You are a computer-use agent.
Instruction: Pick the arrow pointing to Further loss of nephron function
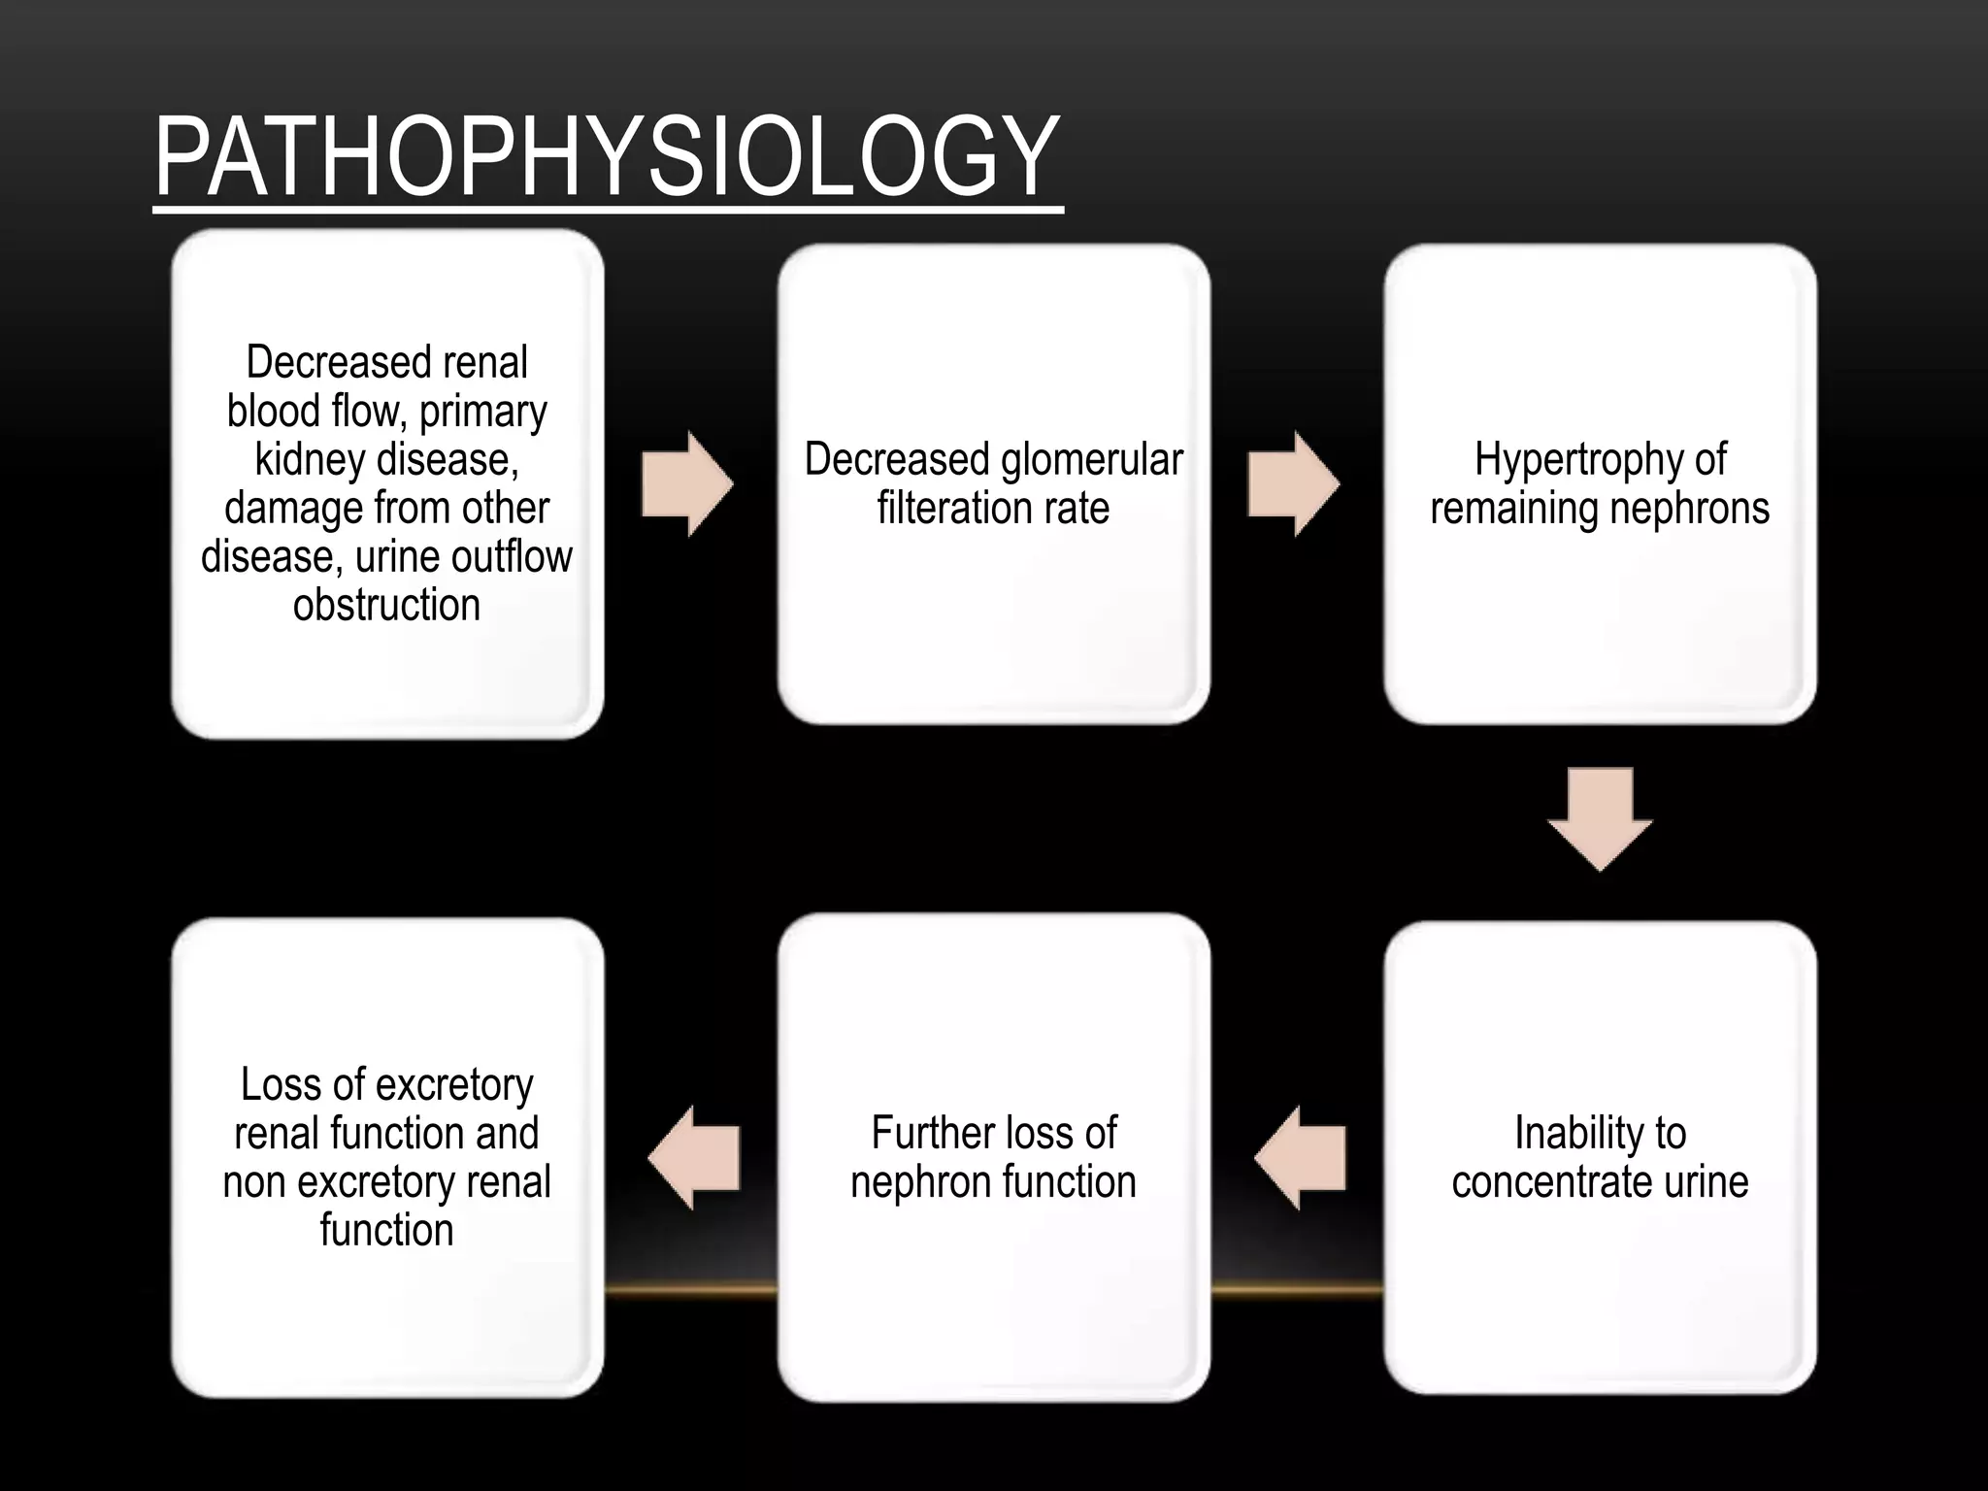coord(1300,1157)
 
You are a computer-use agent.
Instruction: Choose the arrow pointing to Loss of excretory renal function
coord(694,1157)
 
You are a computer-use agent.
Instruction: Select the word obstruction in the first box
coord(386,605)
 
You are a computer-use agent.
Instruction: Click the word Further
coord(933,1133)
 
